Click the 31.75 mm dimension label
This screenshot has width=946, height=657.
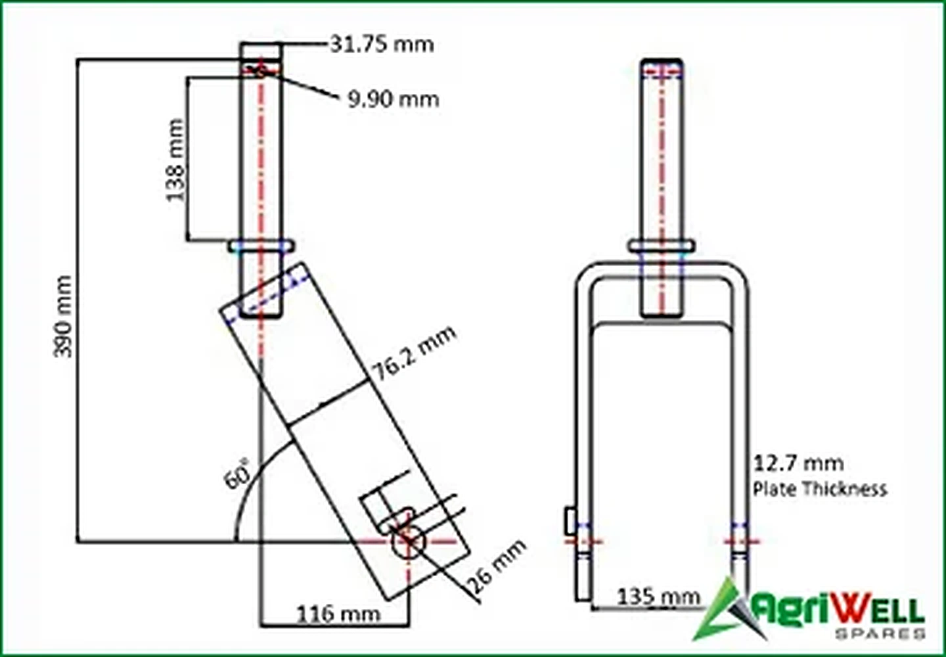coord(382,44)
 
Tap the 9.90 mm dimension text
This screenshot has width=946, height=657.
coord(393,100)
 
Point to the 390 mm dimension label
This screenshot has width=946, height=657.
coord(63,317)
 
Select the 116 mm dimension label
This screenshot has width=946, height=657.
coord(339,614)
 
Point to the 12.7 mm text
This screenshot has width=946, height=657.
coord(799,464)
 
